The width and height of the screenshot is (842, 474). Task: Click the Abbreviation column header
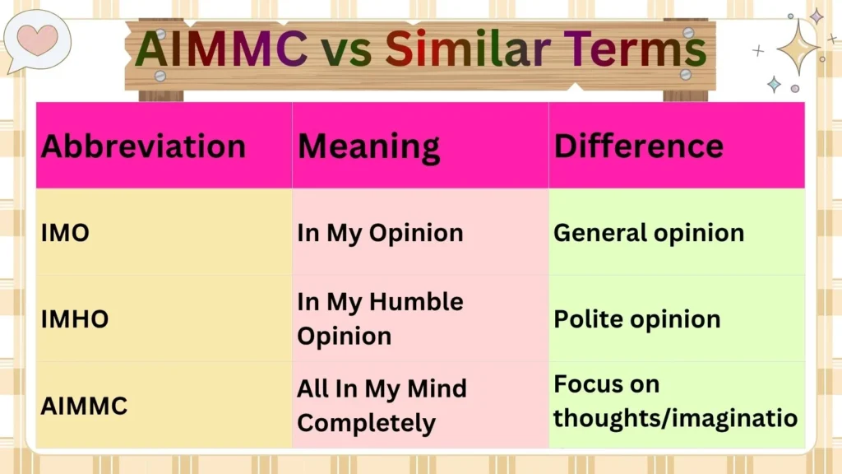[144, 146]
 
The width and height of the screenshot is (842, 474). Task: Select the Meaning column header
[368, 146]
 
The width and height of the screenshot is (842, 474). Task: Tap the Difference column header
[638, 146]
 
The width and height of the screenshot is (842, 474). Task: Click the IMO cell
[66, 233]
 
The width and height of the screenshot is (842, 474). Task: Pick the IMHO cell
[75, 319]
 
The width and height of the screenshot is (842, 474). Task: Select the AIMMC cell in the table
[84, 406]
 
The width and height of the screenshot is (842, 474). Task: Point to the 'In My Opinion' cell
[380, 233]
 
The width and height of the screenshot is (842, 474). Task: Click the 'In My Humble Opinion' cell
[380, 319]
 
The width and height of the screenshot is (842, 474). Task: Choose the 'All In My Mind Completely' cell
[382, 406]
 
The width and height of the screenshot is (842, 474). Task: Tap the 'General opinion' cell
[648, 233]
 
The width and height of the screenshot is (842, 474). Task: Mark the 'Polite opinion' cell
[636, 319]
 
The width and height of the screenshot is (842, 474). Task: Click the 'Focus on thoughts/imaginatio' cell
[675, 402]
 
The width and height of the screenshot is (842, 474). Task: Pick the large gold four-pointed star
[797, 48]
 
